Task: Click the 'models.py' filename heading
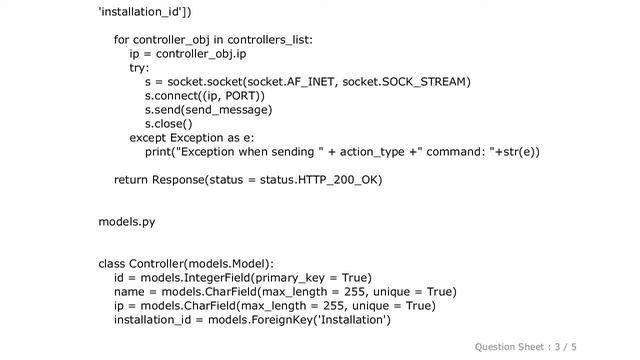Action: [x=126, y=221]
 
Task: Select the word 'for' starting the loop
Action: [x=122, y=40]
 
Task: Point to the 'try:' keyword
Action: [x=139, y=68]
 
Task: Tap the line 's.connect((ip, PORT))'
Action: [x=205, y=96]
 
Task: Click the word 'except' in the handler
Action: [x=149, y=138]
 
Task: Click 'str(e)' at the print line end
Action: [x=520, y=152]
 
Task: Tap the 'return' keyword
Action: [x=131, y=180]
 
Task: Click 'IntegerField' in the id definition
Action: [x=217, y=277]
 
